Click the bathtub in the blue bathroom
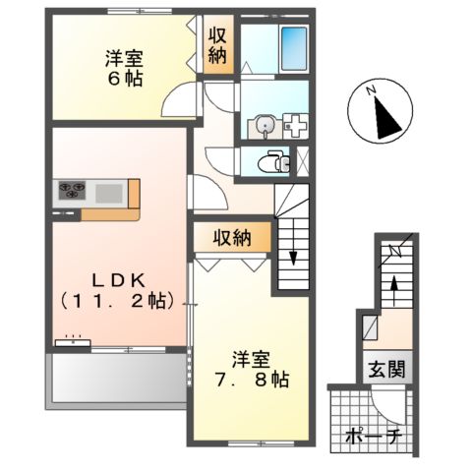pos(293,44)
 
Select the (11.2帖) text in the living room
pos(116,299)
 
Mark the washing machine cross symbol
pos(294,127)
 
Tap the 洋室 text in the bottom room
pos(253,356)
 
